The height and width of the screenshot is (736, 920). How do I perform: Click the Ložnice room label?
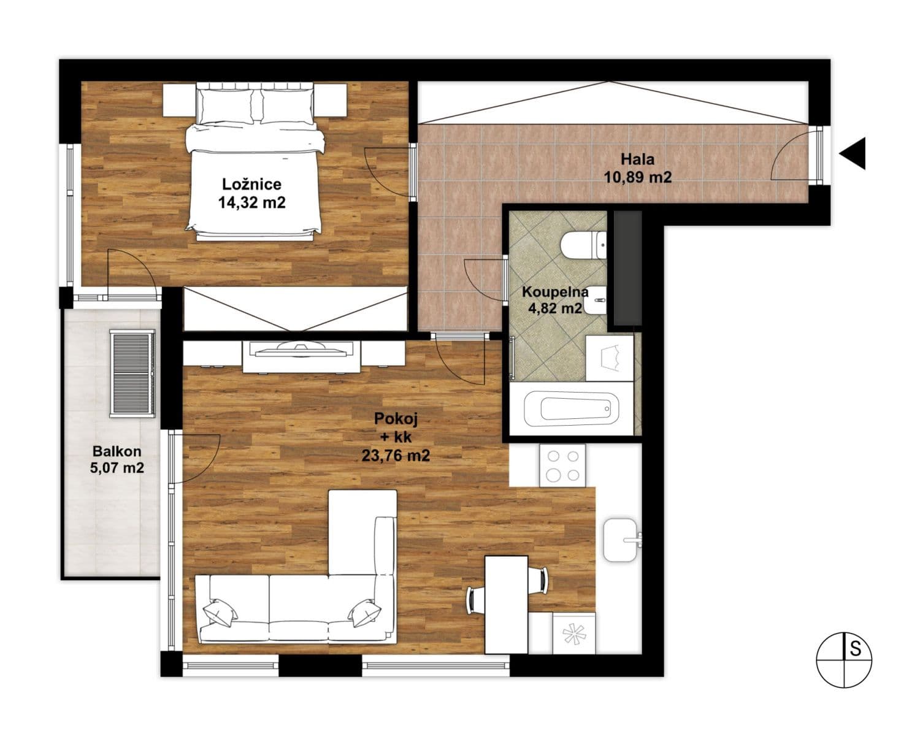[251, 193]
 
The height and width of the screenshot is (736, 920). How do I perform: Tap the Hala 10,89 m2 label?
[637, 168]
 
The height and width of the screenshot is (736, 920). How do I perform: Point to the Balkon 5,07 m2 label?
[117, 459]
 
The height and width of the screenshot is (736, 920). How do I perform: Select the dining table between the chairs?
[506, 604]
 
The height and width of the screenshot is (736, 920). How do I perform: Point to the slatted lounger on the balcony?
[132, 374]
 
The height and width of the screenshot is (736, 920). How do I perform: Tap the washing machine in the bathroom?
[608, 358]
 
